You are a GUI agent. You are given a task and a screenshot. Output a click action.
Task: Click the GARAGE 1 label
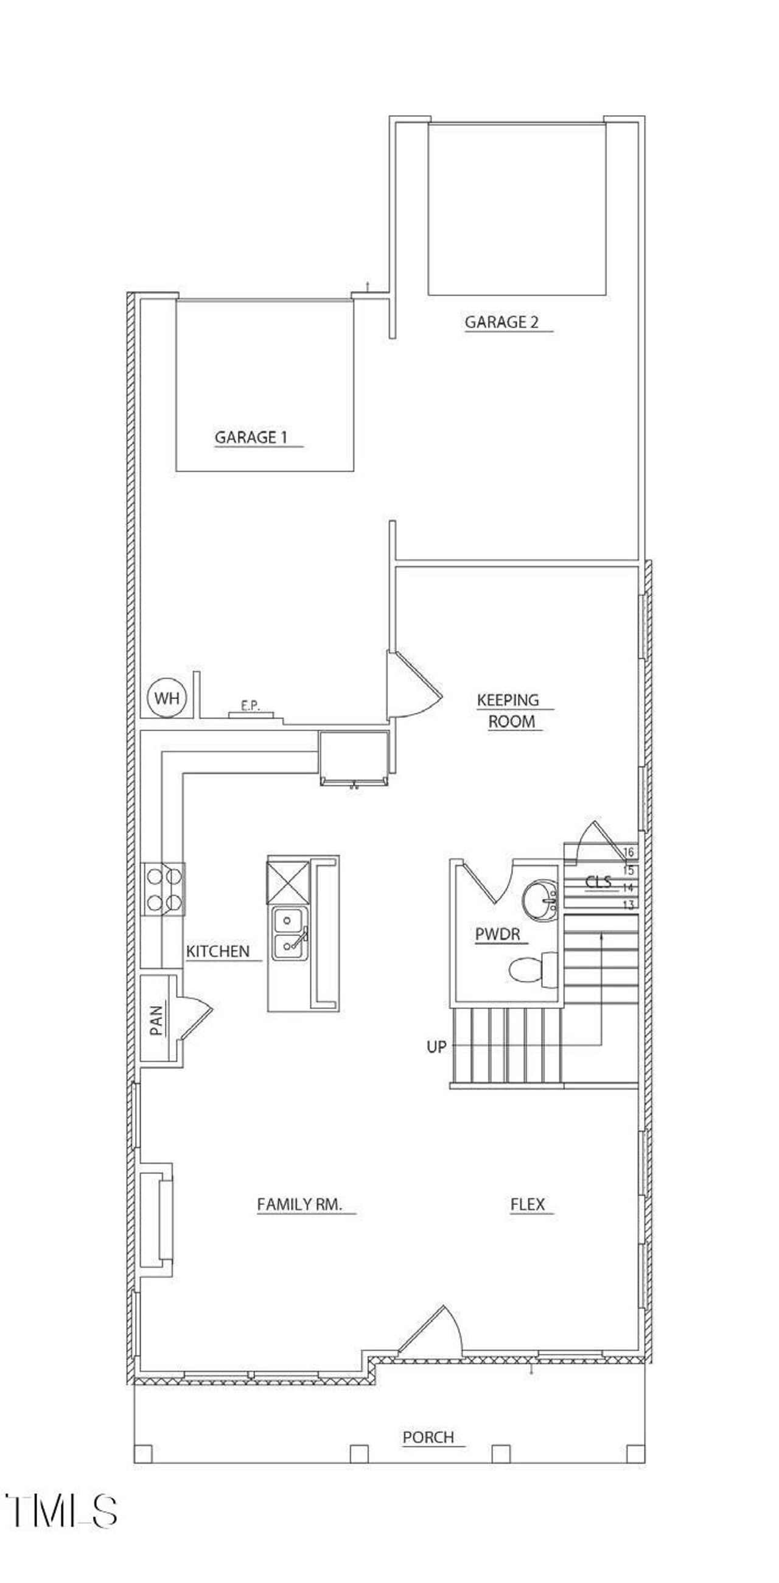click(x=251, y=437)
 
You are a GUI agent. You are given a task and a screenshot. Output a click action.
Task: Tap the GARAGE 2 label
click(x=501, y=322)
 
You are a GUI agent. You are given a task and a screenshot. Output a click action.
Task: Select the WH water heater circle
click(x=167, y=698)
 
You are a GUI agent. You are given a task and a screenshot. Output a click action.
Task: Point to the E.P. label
click(x=250, y=706)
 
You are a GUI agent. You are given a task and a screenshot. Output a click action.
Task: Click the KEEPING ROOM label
click(x=509, y=711)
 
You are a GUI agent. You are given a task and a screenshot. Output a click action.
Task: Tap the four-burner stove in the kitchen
click(x=164, y=888)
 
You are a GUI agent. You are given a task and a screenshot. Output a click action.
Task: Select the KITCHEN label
click(x=217, y=951)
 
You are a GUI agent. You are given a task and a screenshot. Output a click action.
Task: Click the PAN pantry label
click(x=156, y=1020)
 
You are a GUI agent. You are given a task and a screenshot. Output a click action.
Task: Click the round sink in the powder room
click(x=540, y=900)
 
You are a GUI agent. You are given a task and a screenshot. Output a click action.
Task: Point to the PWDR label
click(x=498, y=934)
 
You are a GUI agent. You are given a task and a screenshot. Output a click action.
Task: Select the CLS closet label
click(x=598, y=882)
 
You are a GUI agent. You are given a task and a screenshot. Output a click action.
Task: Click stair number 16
click(x=628, y=852)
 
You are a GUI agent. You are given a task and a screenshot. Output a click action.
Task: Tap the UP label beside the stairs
click(x=436, y=1047)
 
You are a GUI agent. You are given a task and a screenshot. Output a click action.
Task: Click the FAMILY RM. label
click(x=299, y=1204)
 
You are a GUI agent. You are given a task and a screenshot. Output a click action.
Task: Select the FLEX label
click(x=528, y=1204)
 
